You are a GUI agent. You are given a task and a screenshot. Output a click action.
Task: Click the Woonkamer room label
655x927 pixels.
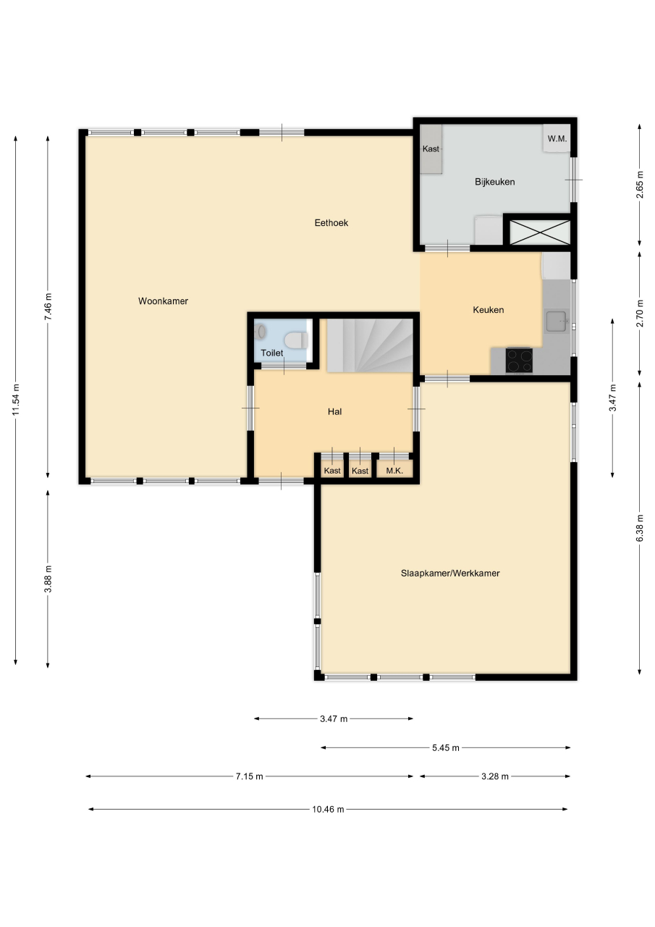(163, 301)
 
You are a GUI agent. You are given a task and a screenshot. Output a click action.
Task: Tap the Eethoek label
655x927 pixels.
(331, 222)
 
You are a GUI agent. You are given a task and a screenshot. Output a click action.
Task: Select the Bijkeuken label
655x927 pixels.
(494, 182)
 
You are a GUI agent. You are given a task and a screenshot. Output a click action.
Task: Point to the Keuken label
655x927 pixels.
(489, 309)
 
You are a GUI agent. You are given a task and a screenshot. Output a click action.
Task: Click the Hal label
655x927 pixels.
(334, 411)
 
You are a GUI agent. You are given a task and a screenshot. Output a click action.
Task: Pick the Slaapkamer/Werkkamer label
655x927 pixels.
(450, 573)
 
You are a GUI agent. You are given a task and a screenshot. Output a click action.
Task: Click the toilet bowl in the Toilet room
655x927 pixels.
(296, 340)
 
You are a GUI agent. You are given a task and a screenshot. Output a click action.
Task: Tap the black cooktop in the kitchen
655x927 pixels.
(519, 361)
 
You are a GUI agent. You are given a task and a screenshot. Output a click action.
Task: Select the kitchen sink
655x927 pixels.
(557, 322)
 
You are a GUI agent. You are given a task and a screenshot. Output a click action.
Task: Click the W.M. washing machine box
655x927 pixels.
(557, 138)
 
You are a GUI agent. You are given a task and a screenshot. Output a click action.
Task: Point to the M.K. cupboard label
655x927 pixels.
(394, 471)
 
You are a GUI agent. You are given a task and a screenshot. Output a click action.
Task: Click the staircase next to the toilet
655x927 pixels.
(370, 345)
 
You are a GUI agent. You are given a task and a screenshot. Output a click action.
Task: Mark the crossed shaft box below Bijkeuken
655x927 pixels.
(540, 232)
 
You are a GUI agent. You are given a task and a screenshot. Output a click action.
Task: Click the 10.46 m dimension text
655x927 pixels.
(328, 809)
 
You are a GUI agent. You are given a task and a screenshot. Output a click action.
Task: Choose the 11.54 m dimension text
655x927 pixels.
(16, 400)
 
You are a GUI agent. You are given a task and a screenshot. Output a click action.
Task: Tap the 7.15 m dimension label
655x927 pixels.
(250, 776)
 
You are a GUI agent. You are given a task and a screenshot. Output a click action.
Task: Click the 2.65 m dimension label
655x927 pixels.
(639, 185)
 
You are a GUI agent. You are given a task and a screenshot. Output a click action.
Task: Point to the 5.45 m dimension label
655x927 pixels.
(446, 748)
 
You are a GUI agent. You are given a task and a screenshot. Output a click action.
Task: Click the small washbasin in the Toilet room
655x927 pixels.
(261, 332)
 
